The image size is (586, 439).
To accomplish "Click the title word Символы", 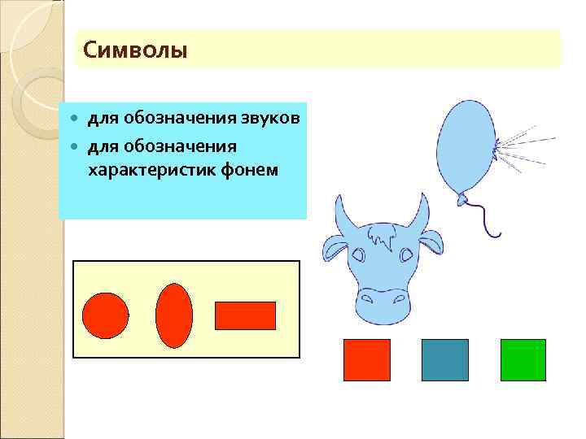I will pyautogui.click(x=135, y=51).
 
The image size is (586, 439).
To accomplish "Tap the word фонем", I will pyautogui.click(x=251, y=170).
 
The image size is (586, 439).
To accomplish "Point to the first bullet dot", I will pyautogui.click(x=74, y=120).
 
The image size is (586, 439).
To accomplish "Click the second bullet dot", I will pyautogui.click(x=74, y=146).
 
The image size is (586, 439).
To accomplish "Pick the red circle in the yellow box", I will pyautogui.click(x=106, y=315).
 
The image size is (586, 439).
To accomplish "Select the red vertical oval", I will pyautogui.click(x=174, y=315).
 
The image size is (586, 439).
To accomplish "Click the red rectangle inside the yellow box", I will pyautogui.click(x=245, y=315).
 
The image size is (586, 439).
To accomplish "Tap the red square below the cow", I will pyautogui.click(x=367, y=360).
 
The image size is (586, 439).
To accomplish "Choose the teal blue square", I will pyautogui.click(x=445, y=360).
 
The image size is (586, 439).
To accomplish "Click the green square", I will pyautogui.click(x=523, y=360).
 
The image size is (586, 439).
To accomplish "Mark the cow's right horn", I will pyautogui.click(x=420, y=213).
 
